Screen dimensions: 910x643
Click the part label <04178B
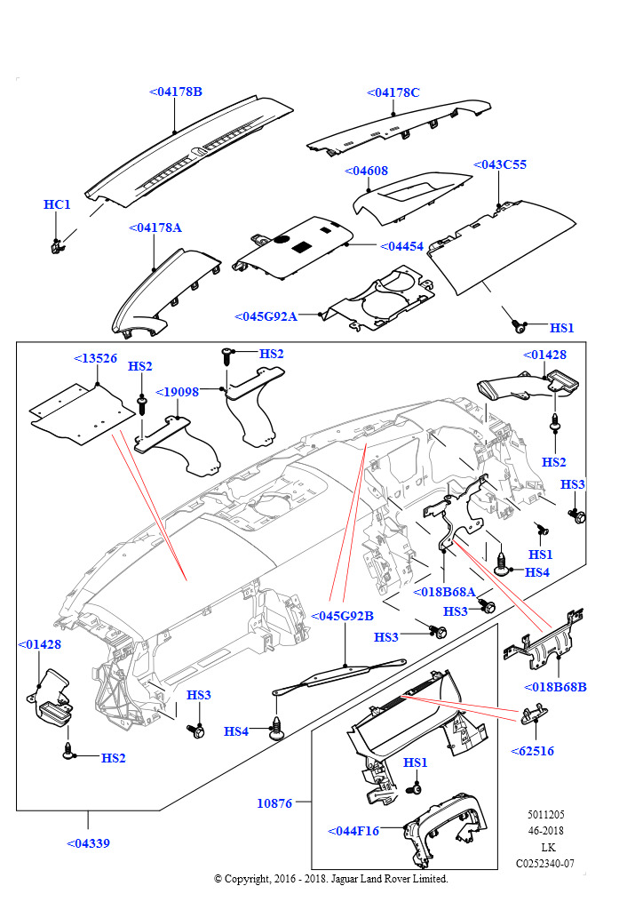[x=176, y=92]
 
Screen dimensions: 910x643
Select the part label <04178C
[x=393, y=92]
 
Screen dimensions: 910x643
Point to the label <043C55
[x=499, y=164]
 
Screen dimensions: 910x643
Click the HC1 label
[x=57, y=204]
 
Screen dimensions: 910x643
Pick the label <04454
[x=401, y=246]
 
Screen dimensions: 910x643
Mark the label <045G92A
[x=266, y=316]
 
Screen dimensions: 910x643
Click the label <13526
[x=95, y=358]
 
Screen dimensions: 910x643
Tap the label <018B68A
[x=445, y=592]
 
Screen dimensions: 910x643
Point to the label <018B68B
[x=555, y=687]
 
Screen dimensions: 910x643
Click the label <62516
[x=532, y=751]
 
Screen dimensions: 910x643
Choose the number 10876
[x=274, y=802]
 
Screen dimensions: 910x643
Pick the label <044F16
[x=353, y=831]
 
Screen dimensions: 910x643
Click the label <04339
[x=88, y=842]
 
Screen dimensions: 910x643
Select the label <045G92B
[x=342, y=616]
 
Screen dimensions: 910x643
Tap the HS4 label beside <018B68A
[x=537, y=572]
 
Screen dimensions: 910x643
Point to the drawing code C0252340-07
[x=545, y=863]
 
